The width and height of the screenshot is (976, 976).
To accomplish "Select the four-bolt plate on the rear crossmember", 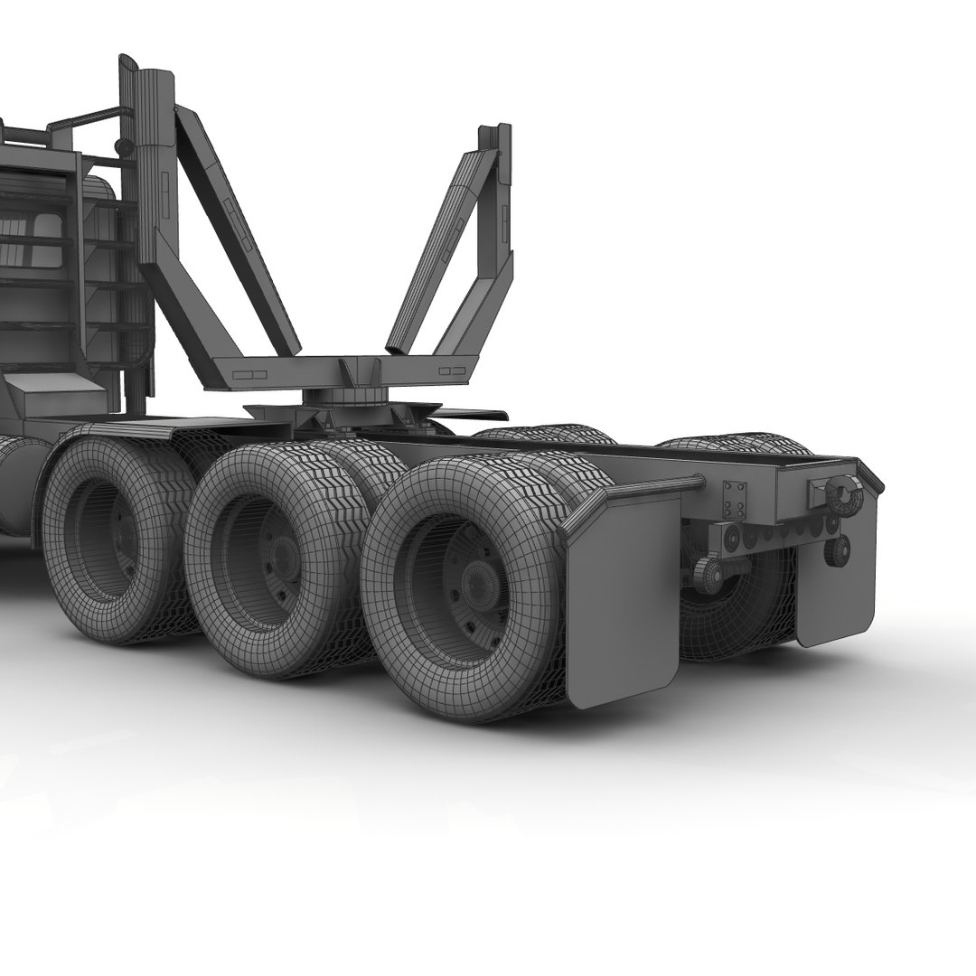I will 734,500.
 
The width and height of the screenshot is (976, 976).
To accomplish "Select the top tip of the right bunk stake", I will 495,131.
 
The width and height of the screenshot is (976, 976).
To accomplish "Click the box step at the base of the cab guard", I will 54,398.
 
